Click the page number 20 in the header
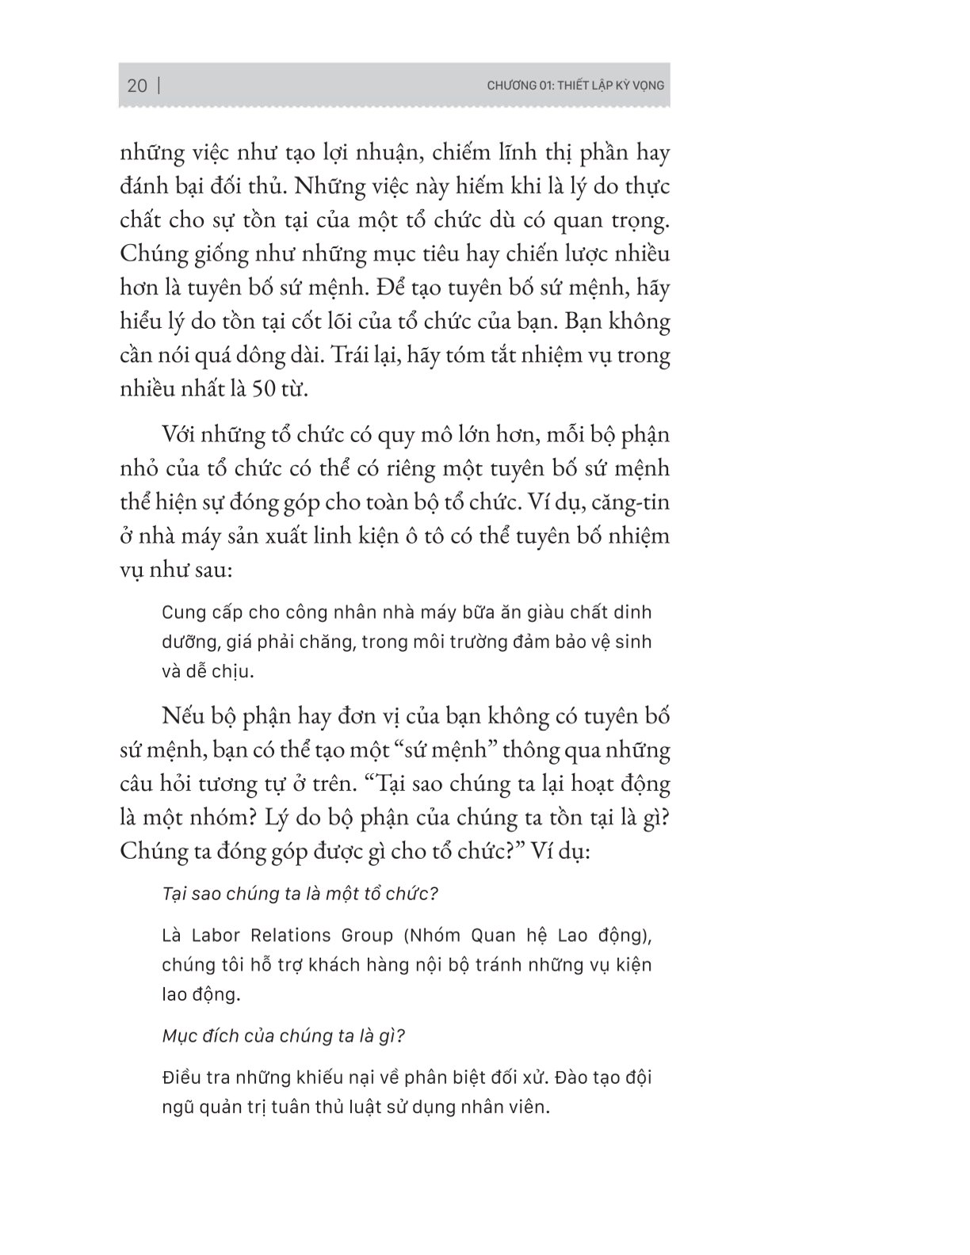136,86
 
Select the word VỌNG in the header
647,86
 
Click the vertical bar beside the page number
159,86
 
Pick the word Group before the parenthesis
369,936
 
